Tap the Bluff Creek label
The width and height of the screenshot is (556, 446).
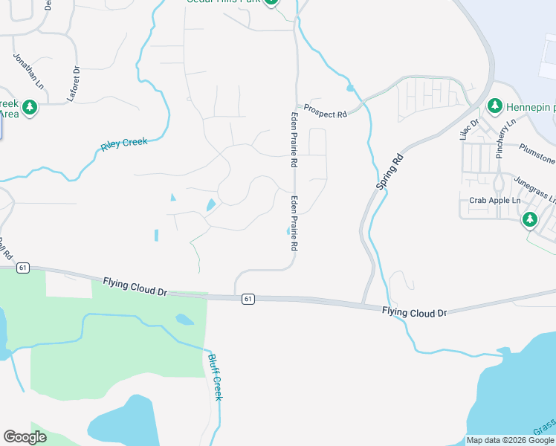tap(214, 377)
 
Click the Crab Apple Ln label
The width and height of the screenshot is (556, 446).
tap(492, 201)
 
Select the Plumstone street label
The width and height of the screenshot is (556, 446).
tap(537, 154)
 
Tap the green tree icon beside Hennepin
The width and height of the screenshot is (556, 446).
tap(495, 107)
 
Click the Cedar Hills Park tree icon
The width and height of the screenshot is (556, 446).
tap(271, 2)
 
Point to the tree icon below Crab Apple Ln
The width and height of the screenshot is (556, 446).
tap(529, 219)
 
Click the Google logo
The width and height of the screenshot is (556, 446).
tap(25, 437)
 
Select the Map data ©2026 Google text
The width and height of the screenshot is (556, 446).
tap(510, 440)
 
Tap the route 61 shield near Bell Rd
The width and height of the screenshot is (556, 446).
tap(24, 267)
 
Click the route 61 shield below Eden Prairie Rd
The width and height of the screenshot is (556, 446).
tap(248, 298)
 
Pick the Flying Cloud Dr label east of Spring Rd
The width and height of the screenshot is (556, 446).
tap(415, 312)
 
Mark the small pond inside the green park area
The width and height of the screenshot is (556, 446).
tap(184, 320)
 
